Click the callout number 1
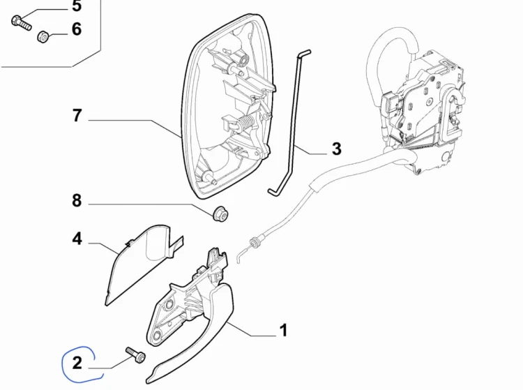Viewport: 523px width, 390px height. point(283,330)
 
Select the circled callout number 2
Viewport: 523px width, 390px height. point(77,363)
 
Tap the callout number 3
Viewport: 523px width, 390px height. point(337,149)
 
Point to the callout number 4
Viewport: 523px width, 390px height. point(77,239)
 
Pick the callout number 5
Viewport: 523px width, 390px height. point(77,6)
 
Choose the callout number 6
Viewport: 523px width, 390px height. point(77,29)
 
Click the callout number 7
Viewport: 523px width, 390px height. point(77,115)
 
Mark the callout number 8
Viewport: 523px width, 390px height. point(77,201)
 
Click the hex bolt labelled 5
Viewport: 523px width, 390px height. point(22,22)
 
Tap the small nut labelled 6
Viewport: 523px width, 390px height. point(43,36)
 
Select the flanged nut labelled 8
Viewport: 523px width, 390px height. point(220,214)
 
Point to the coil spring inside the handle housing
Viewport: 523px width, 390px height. point(247,123)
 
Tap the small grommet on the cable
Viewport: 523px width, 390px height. point(255,243)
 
